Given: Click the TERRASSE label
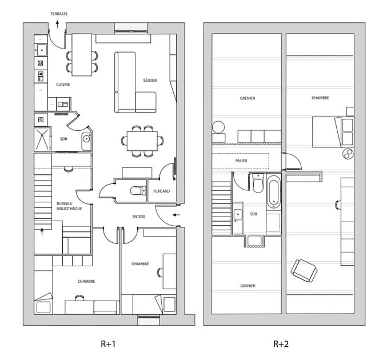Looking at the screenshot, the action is pyautogui.click(x=59, y=14).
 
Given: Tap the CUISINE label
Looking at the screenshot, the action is pyautogui.click(x=63, y=85).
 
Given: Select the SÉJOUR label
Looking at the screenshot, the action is pyautogui.click(x=150, y=80).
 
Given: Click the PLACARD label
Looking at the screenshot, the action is pyautogui.click(x=161, y=191).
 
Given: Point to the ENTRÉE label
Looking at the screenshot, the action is pyautogui.click(x=139, y=217).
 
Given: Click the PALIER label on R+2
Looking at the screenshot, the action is pyautogui.click(x=241, y=161).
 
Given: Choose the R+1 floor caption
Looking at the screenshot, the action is pyautogui.click(x=108, y=344).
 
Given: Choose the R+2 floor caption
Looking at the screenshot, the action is pyautogui.click(x=281, y=344).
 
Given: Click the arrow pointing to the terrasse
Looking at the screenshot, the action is pyautogui.click(x=57, y=24).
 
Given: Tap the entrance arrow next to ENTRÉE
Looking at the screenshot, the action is pyautogui.click(x=176, y=215).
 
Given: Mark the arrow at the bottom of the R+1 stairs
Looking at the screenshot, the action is pyautogui.click(x=42, y=231).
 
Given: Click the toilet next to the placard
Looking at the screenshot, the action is pyautogui.click(x=138, y=190).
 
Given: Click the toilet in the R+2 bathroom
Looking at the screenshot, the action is pyautogui.click(x=258, y=183).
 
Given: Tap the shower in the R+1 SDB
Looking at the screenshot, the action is pyautogui.click(x=42, y=139).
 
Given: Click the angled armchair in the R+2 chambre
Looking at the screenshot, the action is pyautogui.click(x=304, y=271).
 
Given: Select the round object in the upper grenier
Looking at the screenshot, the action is pyautogui.click(x=218, y=127).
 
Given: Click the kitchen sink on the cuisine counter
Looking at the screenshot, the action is pyautogui.click(x=42, y=50).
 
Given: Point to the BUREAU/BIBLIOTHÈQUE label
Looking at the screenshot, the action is pyautogui.click(x=69, y=206).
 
